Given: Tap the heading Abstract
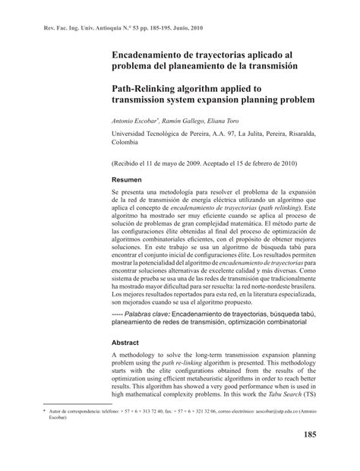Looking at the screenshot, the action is point(125,341).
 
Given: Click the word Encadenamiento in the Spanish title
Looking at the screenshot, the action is point(149,55).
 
